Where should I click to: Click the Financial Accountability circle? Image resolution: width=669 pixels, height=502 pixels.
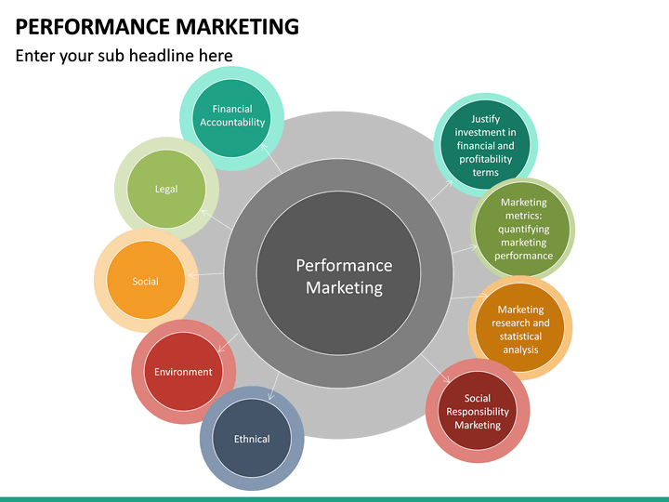click(x=232, y=116)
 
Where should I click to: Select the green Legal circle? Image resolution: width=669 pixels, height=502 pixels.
click(x=166, y=190)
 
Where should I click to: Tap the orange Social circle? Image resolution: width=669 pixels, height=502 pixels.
click(x=145, y=281)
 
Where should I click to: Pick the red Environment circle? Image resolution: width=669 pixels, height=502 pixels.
click(x=183, y=372)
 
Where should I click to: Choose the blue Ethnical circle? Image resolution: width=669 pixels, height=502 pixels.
click(x=252, y=439)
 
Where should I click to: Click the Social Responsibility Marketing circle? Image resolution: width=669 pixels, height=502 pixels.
click(x=477, y=412)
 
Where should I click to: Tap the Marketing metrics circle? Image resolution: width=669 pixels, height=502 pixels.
click(x=523, y=229)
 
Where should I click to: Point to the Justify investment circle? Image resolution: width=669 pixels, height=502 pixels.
click(x=485, y=146)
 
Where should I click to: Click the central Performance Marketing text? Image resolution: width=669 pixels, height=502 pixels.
click(x=344, y=276)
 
